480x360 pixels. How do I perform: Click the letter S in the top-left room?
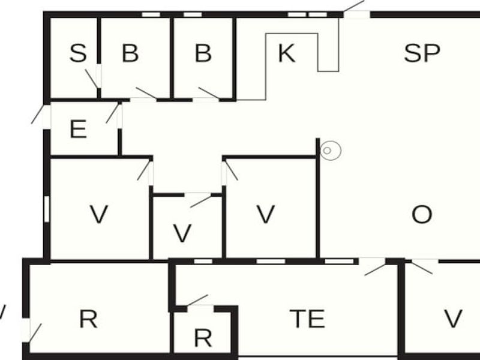point(78,53)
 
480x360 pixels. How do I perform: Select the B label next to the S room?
point(130,53)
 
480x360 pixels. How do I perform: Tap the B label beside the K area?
point(203,53)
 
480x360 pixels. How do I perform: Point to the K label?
point(287,53)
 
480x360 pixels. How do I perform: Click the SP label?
point(422,53)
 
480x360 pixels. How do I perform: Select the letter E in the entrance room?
point(78,129)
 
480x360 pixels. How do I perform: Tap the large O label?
point(422,214)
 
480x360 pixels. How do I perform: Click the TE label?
point(307,319)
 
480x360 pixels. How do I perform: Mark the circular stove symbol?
point(331,151)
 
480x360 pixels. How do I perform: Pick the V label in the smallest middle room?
point(182,233)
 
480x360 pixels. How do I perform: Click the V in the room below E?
point(98,214)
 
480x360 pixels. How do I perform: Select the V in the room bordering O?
point(265,214)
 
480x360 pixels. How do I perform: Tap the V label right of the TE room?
point(453,319)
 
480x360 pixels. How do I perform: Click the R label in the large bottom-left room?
point(88,319)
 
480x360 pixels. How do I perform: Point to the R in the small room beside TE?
point(203,338)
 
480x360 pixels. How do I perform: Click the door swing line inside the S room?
point(91,79)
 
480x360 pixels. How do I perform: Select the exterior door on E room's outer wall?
point(38,114)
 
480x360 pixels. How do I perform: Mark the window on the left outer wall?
point(47,209)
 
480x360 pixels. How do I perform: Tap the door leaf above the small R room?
point(197,300)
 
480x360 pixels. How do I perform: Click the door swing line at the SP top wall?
point(353,6)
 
